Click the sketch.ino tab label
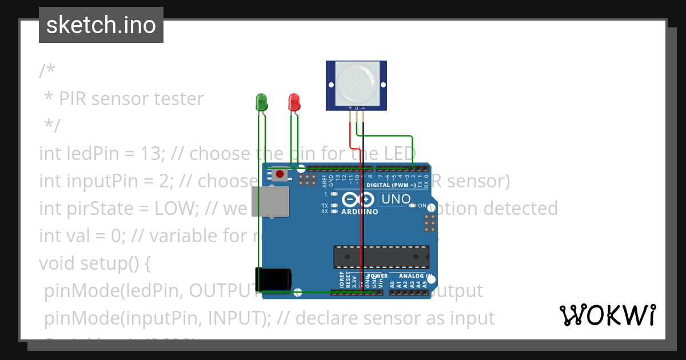101,25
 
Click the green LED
261,102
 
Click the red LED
294,102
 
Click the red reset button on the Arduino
279,174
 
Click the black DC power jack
273,279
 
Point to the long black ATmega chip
381,257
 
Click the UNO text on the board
396,199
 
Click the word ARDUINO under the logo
360,212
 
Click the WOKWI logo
608,315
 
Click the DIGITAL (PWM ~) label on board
391,185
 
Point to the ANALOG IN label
415,275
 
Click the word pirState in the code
98,209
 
